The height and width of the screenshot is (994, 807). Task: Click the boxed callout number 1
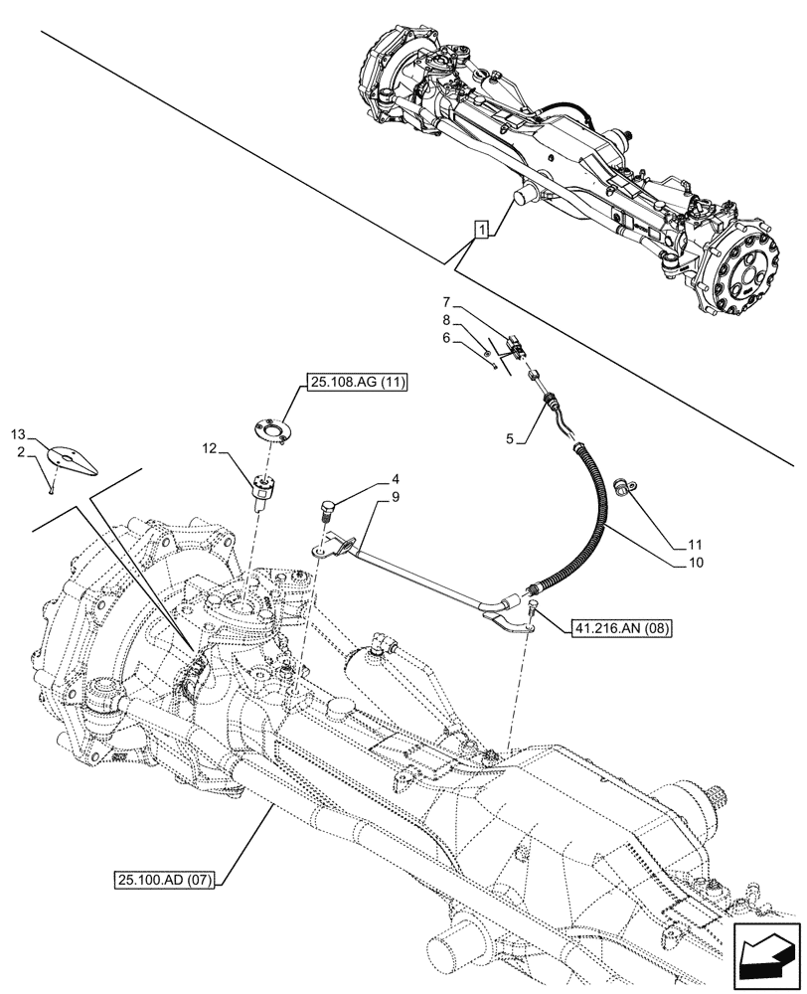[x=482, y=232]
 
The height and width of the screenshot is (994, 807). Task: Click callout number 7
[x=447, y=301]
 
